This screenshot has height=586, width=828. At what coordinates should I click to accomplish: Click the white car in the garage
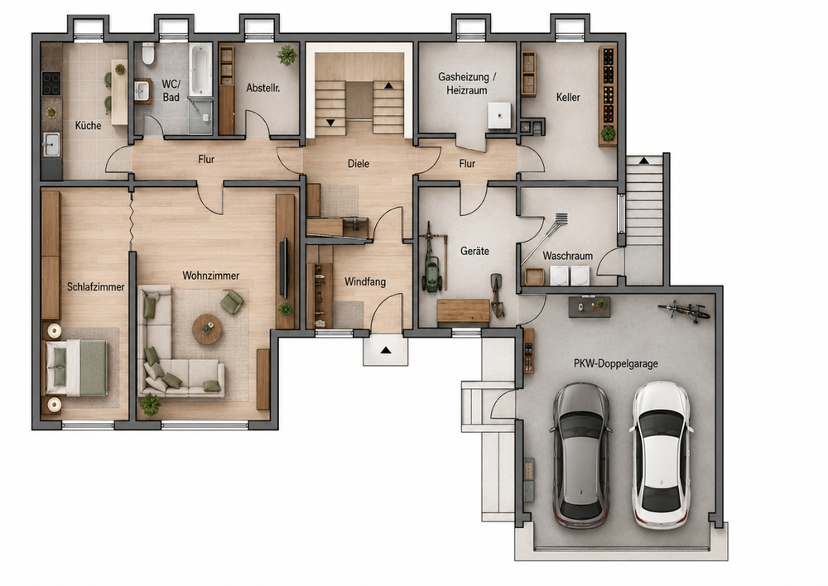point(661,455)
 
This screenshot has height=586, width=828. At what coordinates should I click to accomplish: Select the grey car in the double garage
point(581,455)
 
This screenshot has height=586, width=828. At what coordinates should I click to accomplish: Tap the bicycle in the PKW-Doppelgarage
point(684,311)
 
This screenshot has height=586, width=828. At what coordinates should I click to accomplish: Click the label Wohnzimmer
point(210,276)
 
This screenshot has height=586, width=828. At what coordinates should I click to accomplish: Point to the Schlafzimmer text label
point(95,286)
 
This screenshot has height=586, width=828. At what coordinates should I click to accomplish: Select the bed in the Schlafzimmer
point(77,367)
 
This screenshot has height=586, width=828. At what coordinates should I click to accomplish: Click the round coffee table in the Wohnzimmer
point(206,329)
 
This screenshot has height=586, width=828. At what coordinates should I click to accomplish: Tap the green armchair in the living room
point(232,301)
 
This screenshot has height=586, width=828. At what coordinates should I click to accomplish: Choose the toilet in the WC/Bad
point(148,54)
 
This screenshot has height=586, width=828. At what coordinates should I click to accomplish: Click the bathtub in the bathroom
point(200,70)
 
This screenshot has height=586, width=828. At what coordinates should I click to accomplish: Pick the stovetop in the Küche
point(51,84)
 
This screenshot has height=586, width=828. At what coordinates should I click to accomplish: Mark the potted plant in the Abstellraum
point(286,55)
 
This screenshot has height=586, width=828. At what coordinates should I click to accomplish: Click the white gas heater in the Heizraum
point(499,116)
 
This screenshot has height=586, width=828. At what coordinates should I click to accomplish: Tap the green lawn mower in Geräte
point(432,274)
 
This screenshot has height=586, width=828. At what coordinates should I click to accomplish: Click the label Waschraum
point(568,256)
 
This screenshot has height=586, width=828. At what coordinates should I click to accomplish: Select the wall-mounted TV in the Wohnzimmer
point(283,269)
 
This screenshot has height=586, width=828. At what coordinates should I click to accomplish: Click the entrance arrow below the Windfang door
point(386,350)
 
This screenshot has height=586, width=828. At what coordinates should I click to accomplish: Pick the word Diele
point(359,164)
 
